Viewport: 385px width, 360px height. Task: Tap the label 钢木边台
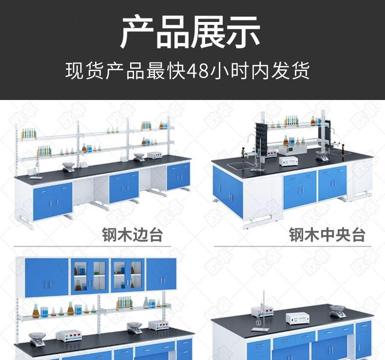[x=132, y=235]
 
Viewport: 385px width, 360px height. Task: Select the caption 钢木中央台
[x=327, y=235]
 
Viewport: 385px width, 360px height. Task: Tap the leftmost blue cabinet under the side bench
[x=53, y=200]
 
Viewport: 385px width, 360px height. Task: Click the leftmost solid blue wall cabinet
[x=47, y=278]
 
